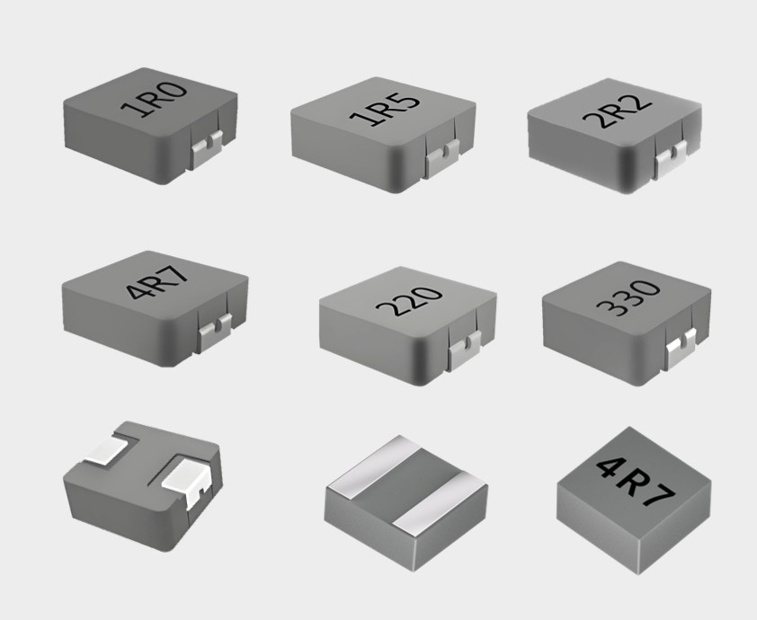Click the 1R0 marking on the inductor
(154, 101)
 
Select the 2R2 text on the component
(618, 112)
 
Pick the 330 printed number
(628, 297)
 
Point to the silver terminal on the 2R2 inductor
(670, 158)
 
